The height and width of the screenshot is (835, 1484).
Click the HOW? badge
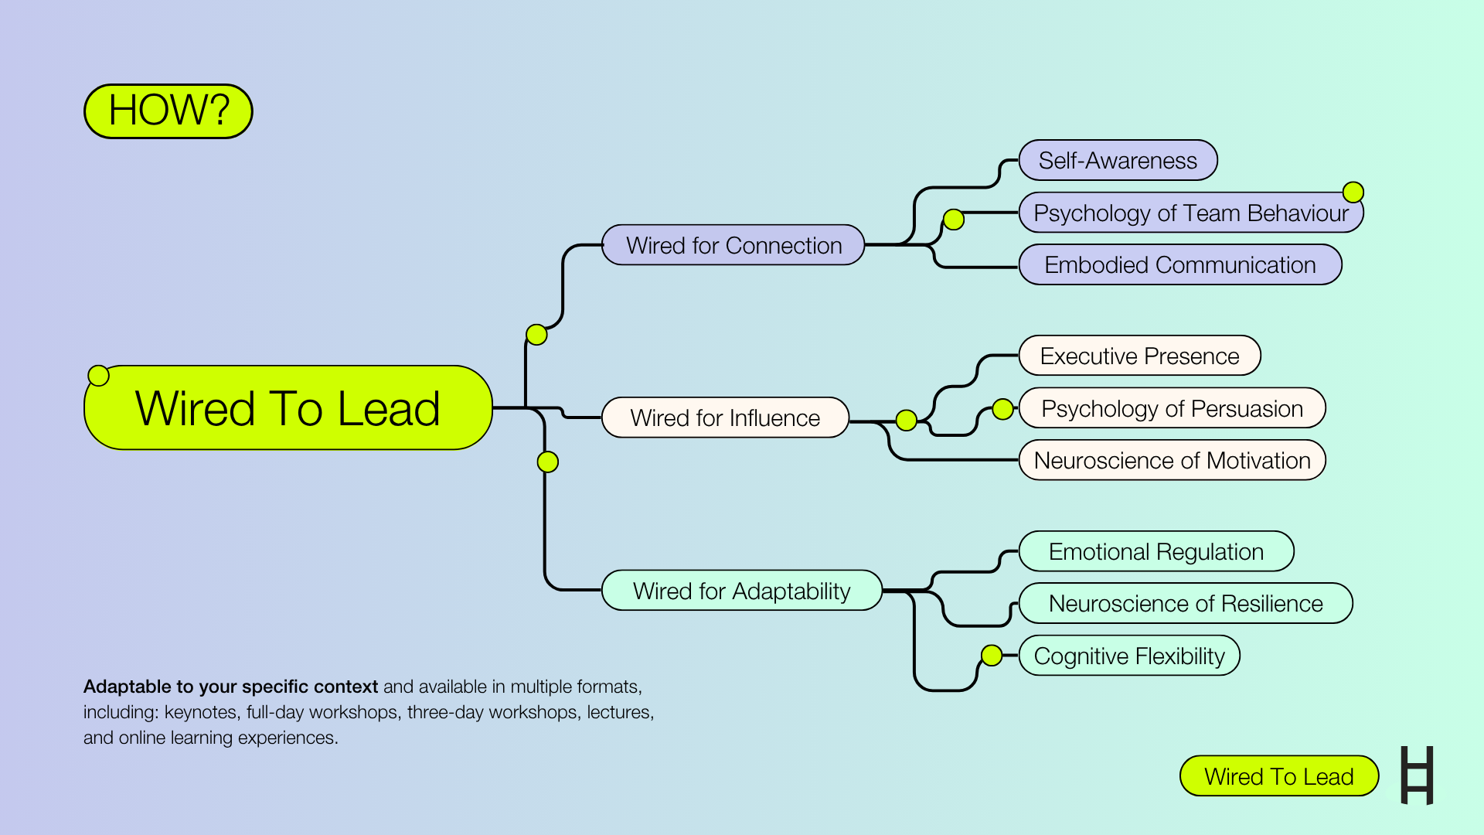pos(168,111)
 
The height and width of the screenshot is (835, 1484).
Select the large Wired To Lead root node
pos(288,407)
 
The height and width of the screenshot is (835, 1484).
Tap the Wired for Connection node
pos(733,245)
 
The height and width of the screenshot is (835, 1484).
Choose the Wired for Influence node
pos(726,417)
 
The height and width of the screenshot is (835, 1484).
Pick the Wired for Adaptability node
pos(742,591)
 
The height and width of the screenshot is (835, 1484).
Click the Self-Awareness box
pos(1118,160)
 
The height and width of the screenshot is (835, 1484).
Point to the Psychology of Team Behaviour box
pos(1191,213)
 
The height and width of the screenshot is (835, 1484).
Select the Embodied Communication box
pos(1180,264)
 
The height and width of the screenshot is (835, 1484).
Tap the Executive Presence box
pos(1140,356)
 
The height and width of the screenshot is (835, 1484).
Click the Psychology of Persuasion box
pos(1173,408)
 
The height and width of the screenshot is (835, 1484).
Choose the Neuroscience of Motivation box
pos(1173,460)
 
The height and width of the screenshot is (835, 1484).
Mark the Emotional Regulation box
pos(1156,551)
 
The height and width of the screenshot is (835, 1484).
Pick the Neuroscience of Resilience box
pos(1186,603)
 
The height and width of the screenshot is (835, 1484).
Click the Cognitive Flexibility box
pos(1129,656)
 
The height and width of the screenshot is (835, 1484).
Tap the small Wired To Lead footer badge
pos(1279,776)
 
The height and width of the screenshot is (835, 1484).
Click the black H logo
pos(1418,775)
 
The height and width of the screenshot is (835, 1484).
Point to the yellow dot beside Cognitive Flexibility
pos(992,656)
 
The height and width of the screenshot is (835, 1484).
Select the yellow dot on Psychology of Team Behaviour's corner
pos(1353,192)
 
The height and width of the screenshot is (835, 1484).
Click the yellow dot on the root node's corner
pos(99,376)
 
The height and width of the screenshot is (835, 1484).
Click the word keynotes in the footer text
pos(201,712)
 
